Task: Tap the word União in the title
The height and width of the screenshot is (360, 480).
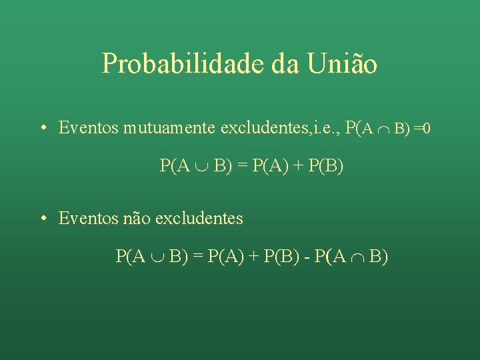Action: coord(343,63)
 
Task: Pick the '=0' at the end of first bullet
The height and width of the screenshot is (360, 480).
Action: coord(421,127)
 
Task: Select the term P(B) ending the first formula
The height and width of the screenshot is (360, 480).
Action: coord(327,165)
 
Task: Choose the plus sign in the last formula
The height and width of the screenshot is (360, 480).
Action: coord(254,256)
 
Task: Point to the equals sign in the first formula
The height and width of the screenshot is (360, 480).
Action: coord(241,165)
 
